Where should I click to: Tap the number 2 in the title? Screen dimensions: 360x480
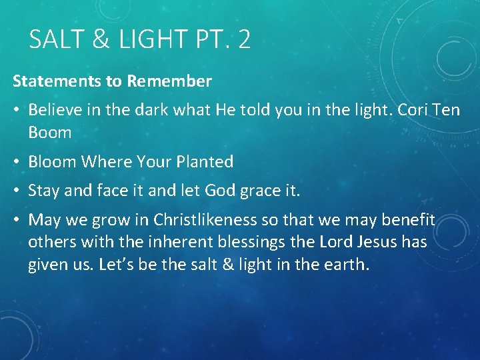[244, 40]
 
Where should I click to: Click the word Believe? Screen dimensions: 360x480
[55, 109]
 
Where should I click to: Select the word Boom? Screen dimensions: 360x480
[50, 132]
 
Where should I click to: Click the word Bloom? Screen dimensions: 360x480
[52, 161]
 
